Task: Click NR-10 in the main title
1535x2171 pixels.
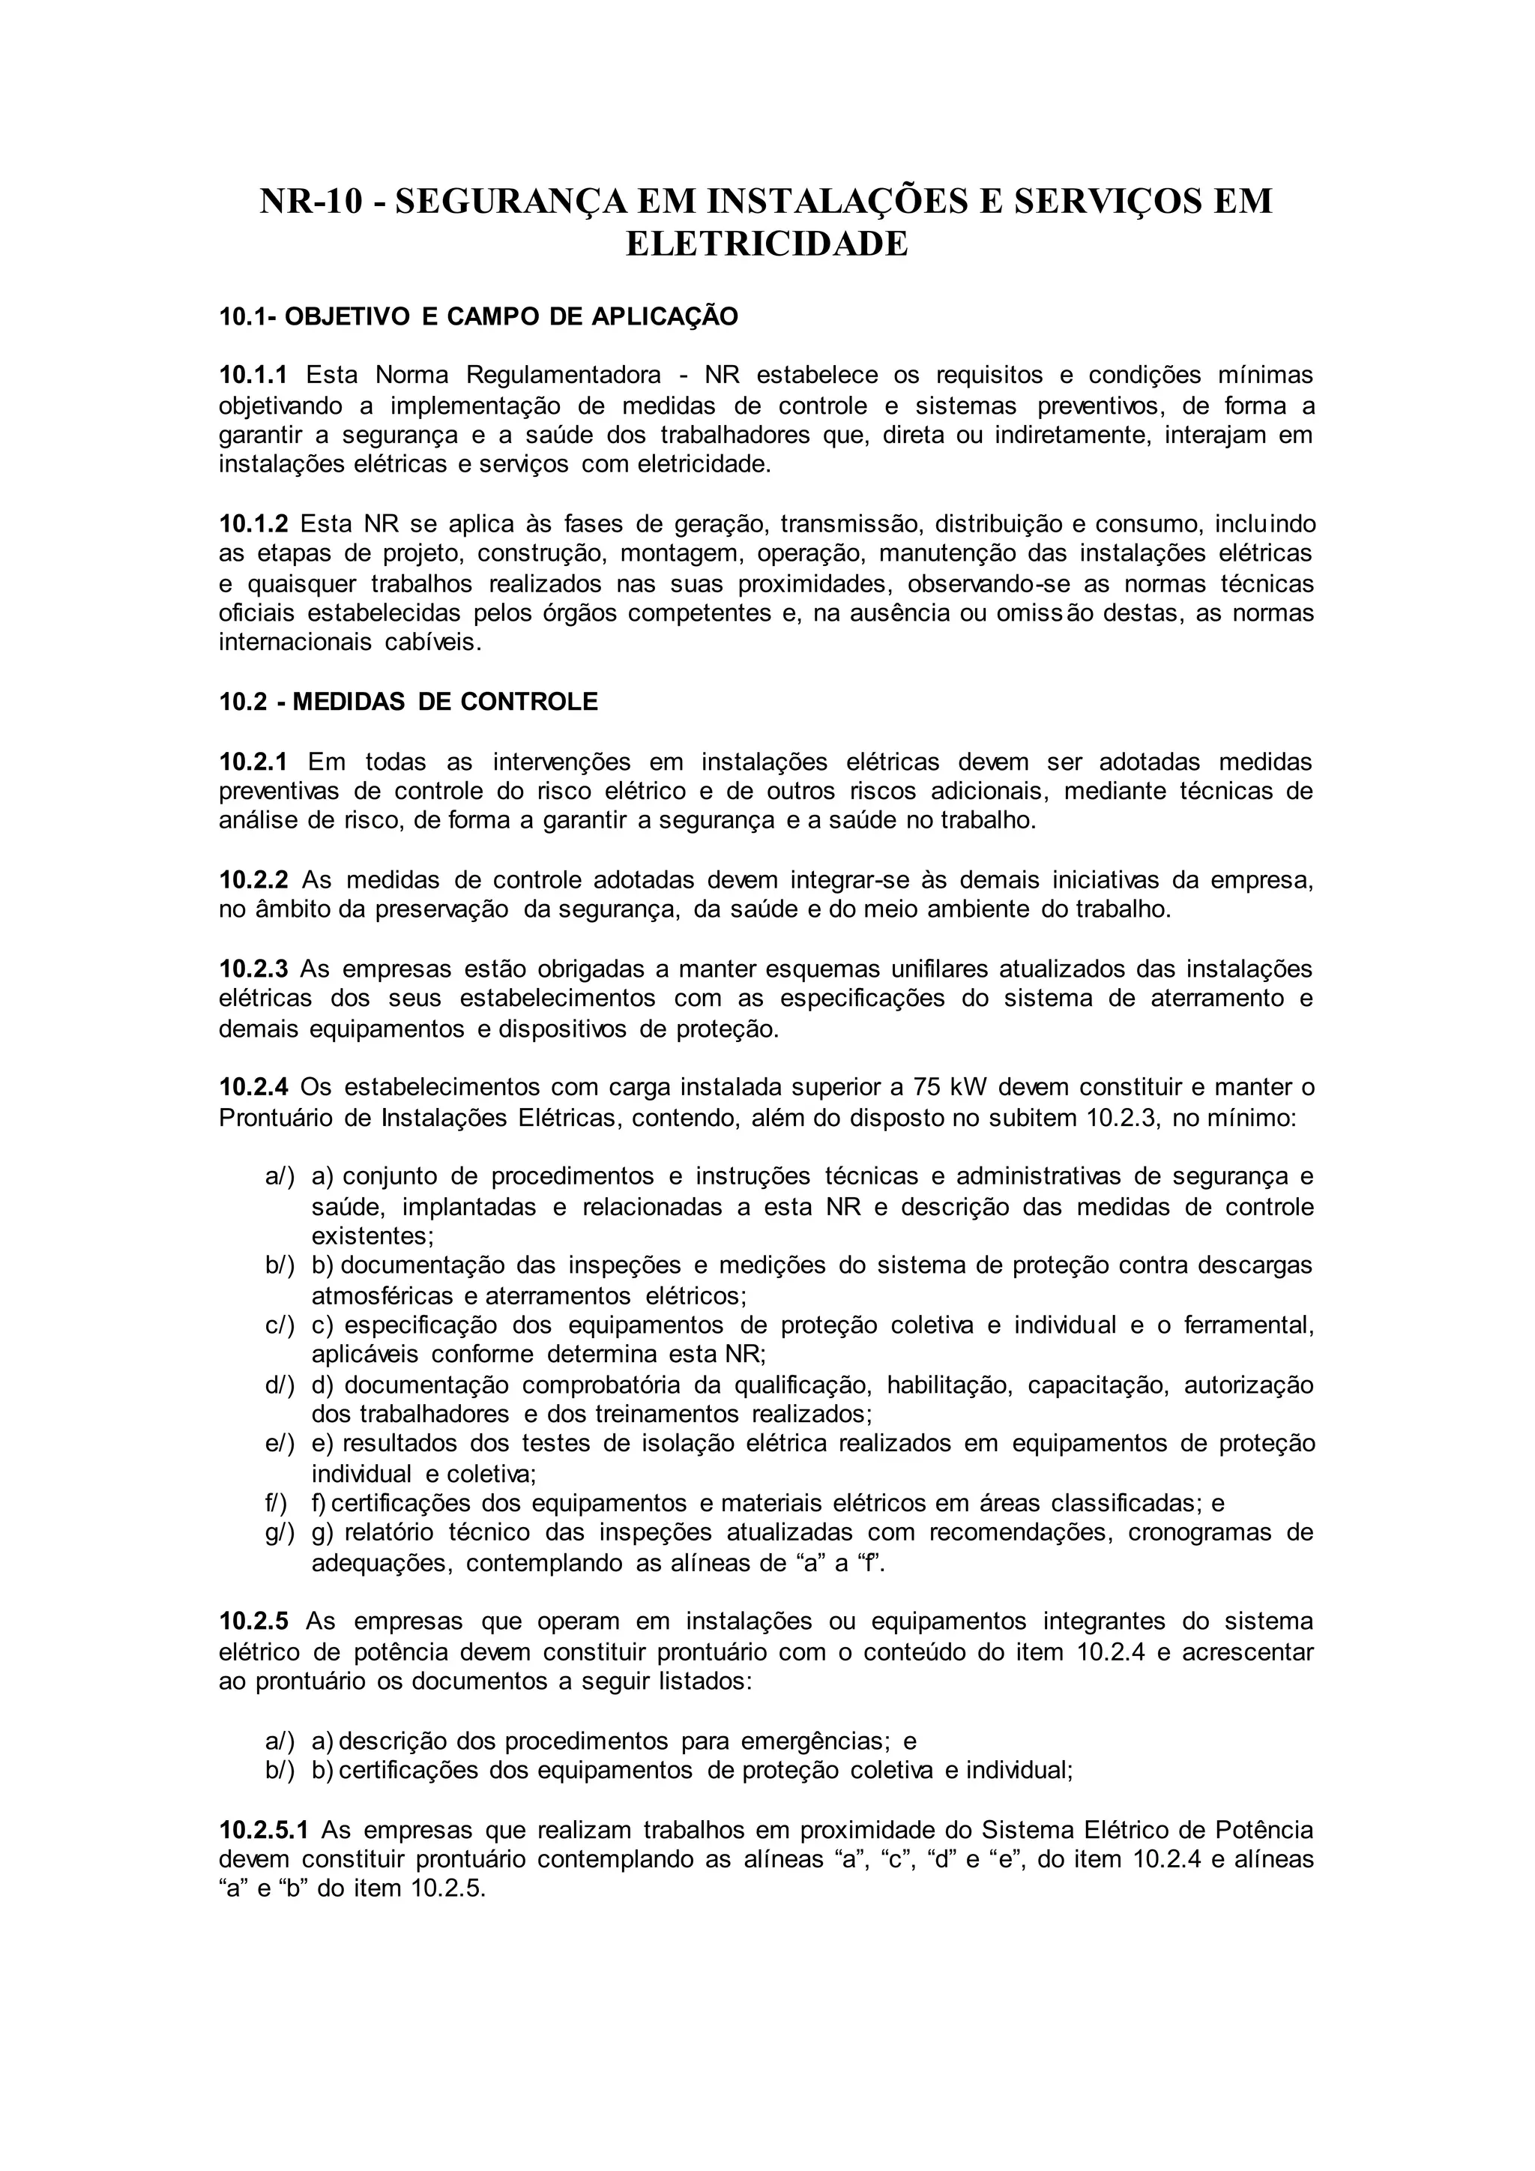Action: point(311,202)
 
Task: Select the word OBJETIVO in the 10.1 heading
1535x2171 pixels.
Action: point(348,317)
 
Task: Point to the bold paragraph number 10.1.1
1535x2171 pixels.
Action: point(253,376)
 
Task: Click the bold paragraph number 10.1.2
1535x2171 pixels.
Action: point(253,524)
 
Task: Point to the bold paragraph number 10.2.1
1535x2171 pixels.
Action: point(253,761)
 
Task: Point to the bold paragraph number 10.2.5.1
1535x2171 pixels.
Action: point(264,1830)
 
